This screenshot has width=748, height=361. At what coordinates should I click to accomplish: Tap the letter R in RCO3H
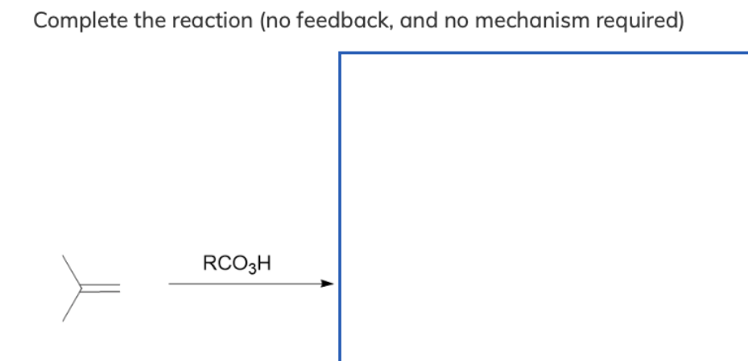coord(209,263)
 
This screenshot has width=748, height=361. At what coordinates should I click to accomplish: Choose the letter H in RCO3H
coord(264,263)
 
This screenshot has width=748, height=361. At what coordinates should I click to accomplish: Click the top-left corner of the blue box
coord(341,54)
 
